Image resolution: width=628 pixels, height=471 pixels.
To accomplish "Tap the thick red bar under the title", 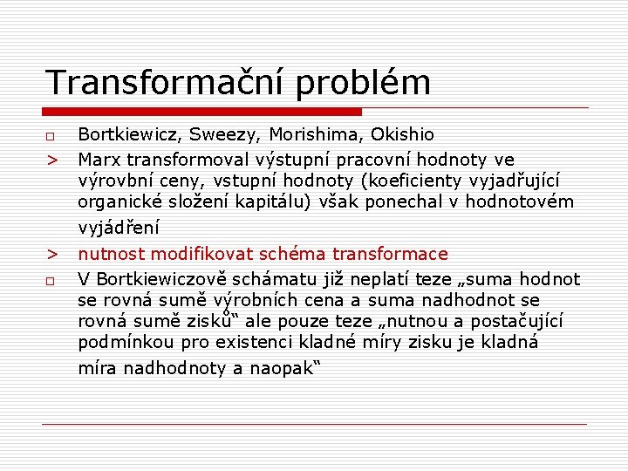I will click(x=202, y=112).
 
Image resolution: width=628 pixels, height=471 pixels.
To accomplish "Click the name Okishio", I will click(x=402, y=135).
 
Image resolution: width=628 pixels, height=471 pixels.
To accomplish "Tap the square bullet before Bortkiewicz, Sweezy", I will click(x=51, y=137).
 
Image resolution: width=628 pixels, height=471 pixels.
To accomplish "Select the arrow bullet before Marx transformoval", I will click(x=51, y=161).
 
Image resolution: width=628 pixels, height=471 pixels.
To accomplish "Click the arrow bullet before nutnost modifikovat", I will click(x=51, y=255).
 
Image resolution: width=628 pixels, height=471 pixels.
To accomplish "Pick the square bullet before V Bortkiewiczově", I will click(x=51, y=280).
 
